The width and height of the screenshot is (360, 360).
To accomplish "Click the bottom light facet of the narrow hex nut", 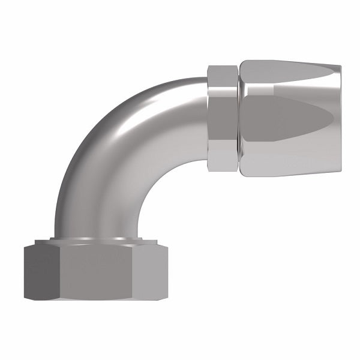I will click(223, 162).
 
